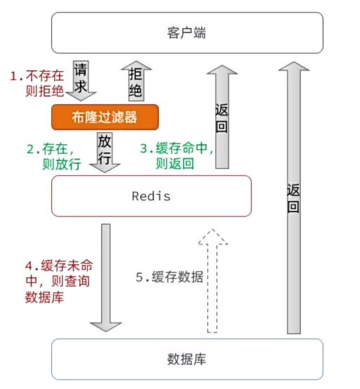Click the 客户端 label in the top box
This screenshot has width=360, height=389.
[x=187, y=33]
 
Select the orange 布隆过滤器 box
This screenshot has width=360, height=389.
[x=104, y=117]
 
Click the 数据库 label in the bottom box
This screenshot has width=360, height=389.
[x=187, y=359]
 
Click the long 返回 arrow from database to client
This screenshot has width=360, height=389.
[x=294, y=197]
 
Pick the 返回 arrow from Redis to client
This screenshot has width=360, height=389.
[x=222, y=116]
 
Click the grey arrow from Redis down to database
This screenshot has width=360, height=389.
[x=105, y=278]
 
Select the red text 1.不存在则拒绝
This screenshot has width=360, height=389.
[x=36, y=83]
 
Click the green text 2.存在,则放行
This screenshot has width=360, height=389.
[x=54, y=157]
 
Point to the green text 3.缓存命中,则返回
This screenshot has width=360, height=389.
[x=175, y=156]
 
